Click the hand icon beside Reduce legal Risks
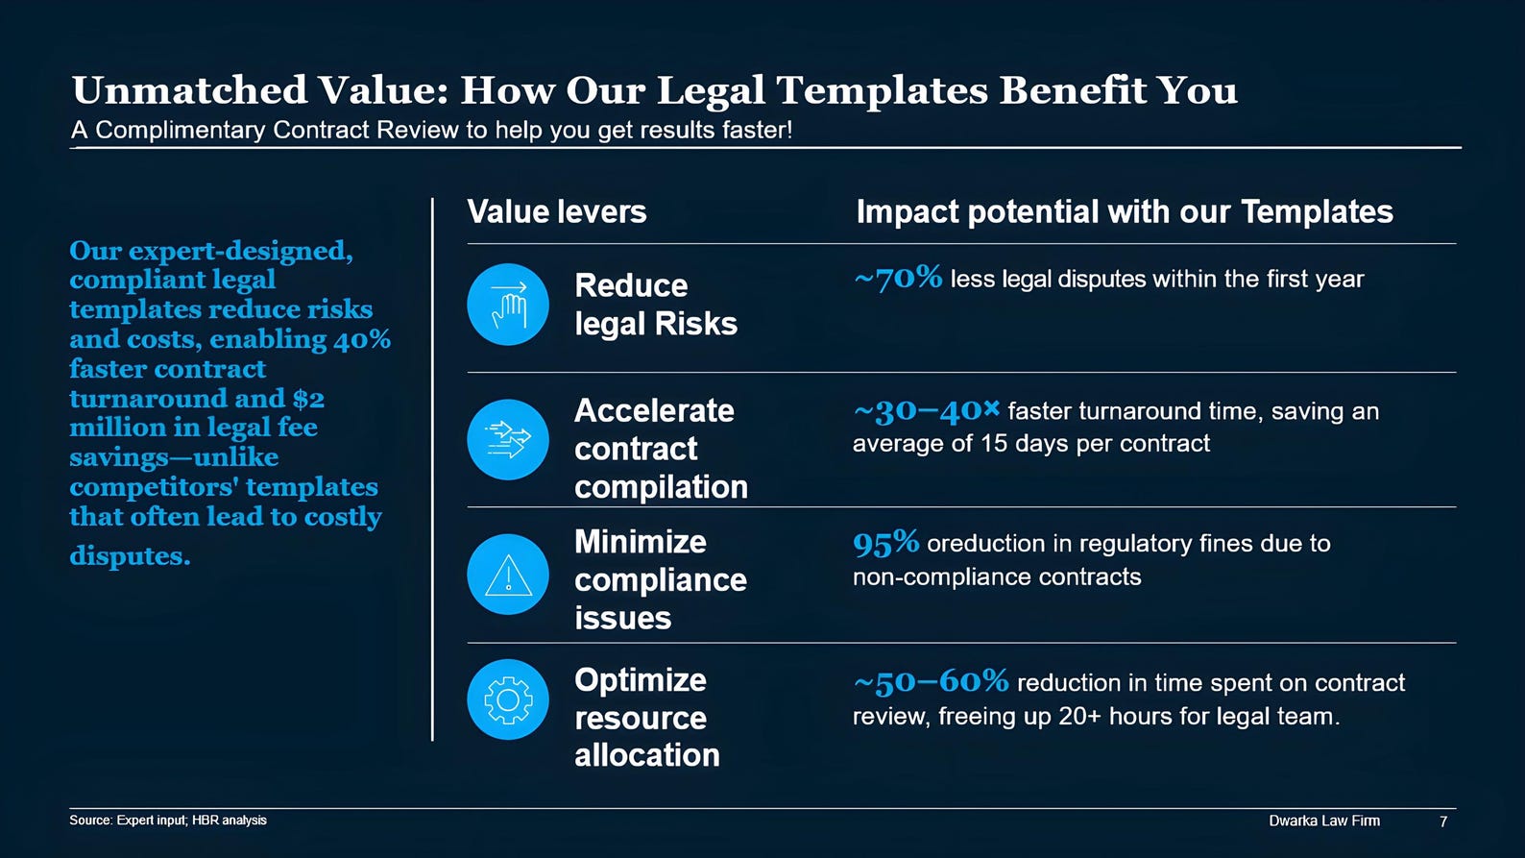(508, 305)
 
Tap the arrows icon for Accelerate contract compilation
(508, 439)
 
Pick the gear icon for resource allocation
(508, 699)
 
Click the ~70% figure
(898, 278)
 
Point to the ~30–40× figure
(927, 410)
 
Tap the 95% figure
(885, 543)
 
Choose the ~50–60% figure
(931, 681)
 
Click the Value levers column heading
(557, 211)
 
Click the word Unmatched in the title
(190, 90)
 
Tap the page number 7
(1442, 821)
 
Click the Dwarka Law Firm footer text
(1324, 821)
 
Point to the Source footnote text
(168, 821)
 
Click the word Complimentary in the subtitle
(181, 130)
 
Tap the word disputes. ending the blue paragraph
(130, 555)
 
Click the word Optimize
(641, 681)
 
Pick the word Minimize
(641, 542)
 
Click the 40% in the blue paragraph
(361, 339)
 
